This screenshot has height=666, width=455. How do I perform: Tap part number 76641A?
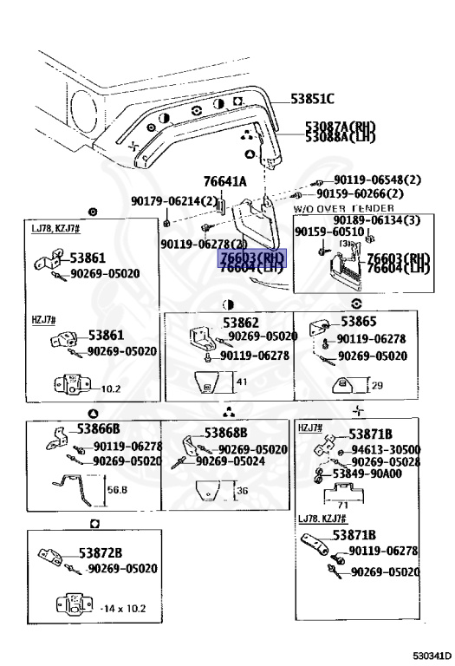(x=225, y=181)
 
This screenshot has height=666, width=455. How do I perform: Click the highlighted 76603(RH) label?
(x=251, y=258)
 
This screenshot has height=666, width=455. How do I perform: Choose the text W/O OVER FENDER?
(x=343, y=209)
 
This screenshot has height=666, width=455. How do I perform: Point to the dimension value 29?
(x=378, y=384)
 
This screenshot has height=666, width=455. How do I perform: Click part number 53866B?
(x=98, y=428)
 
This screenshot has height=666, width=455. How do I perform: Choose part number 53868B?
(x=226, y=433)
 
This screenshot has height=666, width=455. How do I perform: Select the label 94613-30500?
(x=386, y=449)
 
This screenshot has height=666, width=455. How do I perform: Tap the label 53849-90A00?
(x=368, y=473)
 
